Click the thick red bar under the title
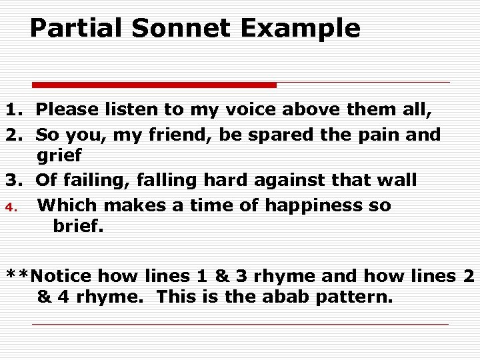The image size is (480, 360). (155, 85)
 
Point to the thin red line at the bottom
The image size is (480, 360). (240, 325)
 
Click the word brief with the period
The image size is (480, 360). (78, 227)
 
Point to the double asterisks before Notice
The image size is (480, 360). (18, 274)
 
